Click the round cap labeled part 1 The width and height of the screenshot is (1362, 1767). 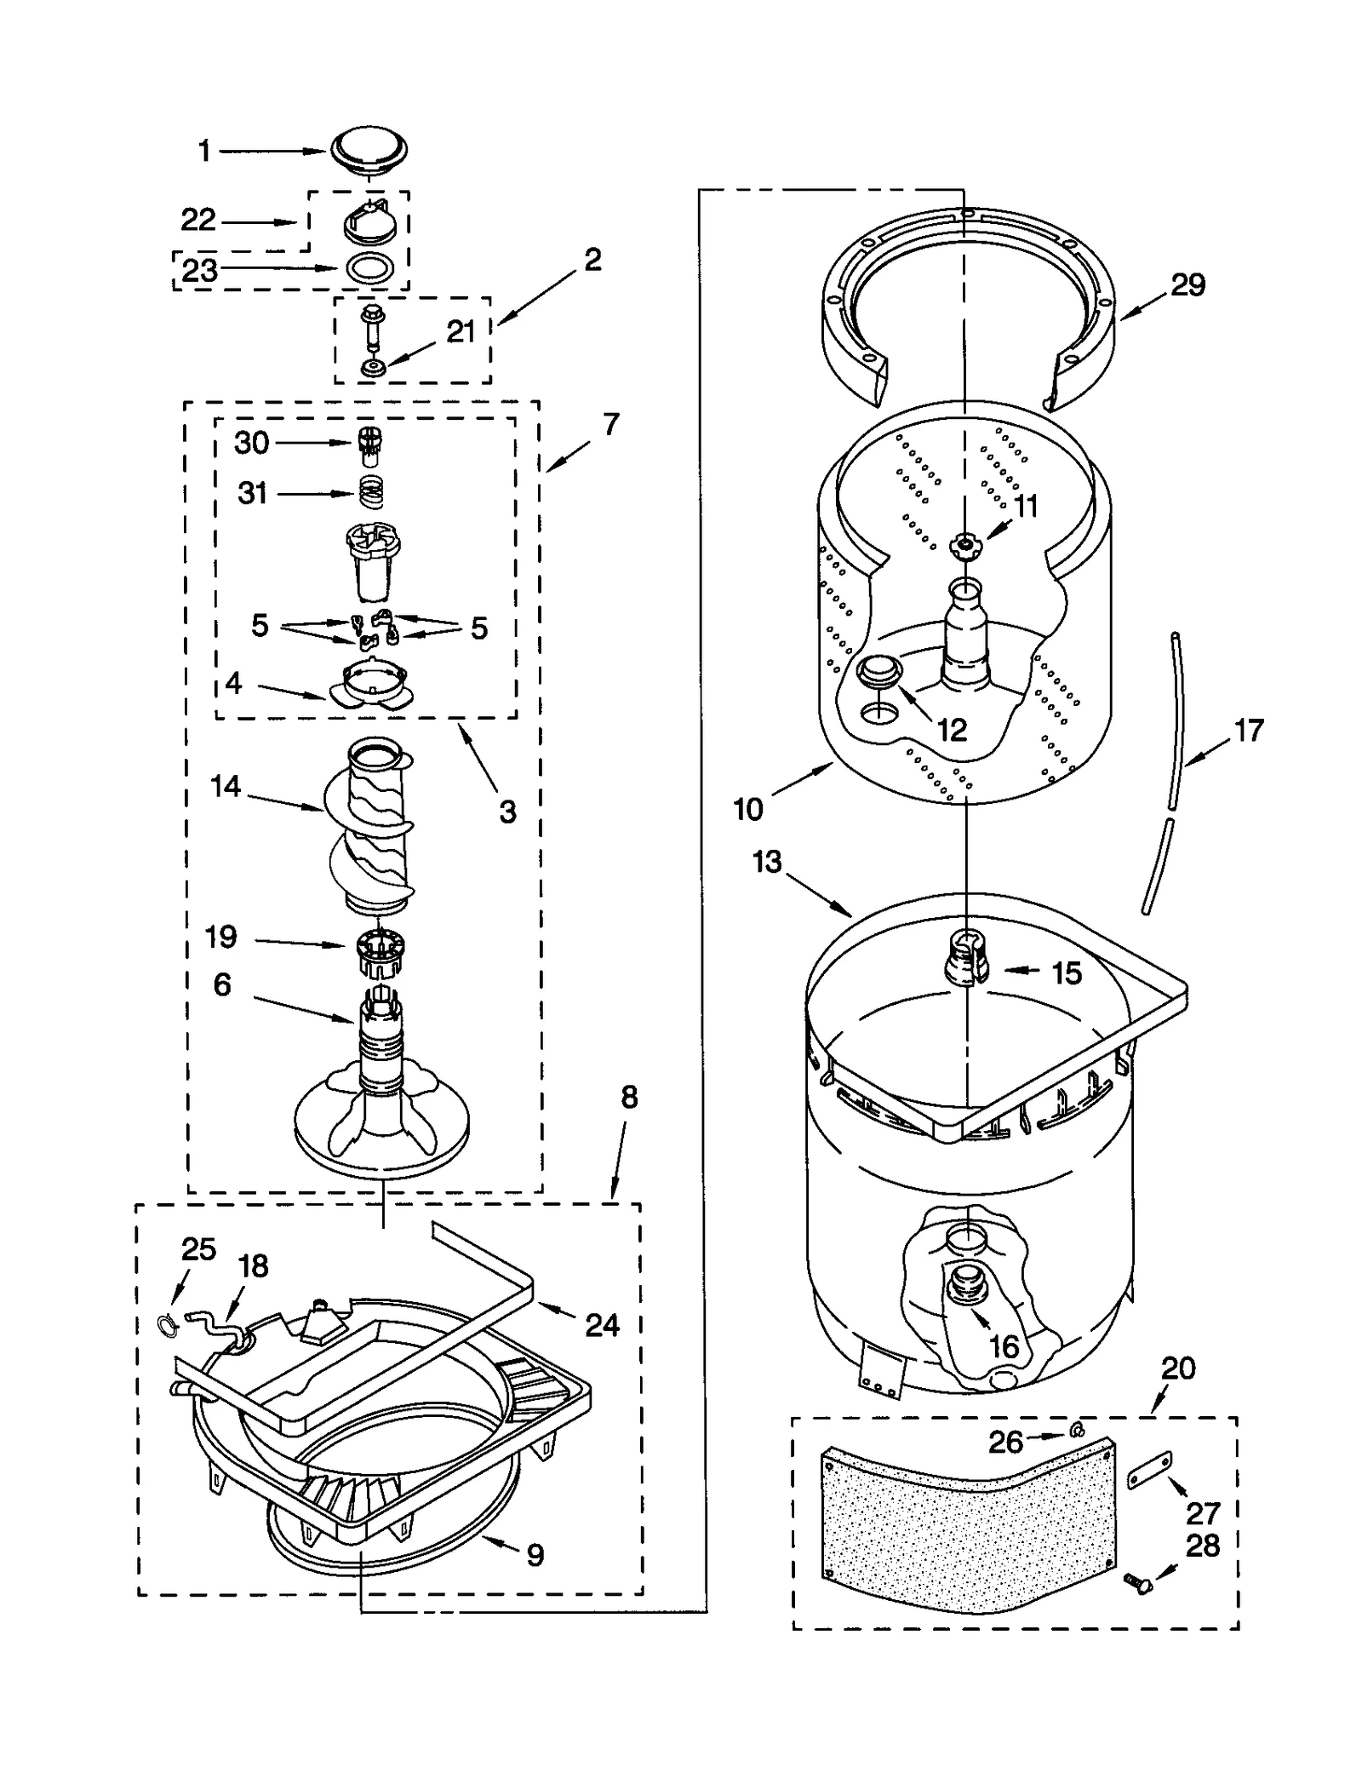[x=369, y=152]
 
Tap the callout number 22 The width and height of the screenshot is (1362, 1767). [x=198, y=221]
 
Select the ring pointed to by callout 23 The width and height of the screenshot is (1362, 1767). [x=370, y=269]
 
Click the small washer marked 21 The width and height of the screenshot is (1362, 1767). [x=372, y=368]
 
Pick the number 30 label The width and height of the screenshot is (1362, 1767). [x=252, y=443]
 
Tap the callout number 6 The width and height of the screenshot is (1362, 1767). [x=222, y=985]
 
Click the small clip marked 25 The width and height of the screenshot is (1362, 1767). [x=169, y=1322]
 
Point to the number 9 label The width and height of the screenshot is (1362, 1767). [x=535, y=1556]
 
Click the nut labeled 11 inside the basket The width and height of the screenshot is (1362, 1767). [x=964, y=544]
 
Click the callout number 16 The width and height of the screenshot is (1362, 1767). [x=1004, y=1346]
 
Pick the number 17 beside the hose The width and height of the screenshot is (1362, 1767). [x=1249, y=731]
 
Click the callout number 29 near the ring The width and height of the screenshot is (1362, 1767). [x=1187, y=284]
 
